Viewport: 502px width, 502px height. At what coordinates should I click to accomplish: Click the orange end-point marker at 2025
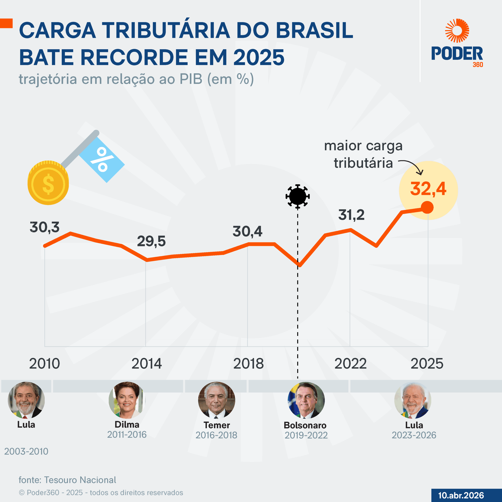[427, 207]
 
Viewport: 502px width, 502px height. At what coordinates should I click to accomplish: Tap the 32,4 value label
[428, 189]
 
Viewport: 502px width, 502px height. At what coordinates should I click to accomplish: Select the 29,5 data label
[151, 241]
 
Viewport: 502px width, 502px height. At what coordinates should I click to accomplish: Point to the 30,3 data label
[45, 227]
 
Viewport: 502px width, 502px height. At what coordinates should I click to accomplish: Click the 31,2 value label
[351, 215]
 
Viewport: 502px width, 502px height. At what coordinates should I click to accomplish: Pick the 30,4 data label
[247, 231]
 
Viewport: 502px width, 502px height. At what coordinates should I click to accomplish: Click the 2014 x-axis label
[146, 364]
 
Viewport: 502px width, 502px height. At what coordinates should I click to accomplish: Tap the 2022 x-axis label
[350, 364]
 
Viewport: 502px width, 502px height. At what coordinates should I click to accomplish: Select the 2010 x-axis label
[45, 364]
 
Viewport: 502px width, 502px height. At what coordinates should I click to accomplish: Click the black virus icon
[297, 196]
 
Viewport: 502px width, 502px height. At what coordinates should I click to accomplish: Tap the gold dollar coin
[48, 183]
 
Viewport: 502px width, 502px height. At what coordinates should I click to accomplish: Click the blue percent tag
[102, 160]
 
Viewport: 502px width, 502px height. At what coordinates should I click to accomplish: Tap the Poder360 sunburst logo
[457, 31]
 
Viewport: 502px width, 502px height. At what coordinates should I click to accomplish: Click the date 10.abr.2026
[461, 495]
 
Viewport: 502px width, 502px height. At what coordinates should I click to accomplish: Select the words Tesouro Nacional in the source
[80, 480]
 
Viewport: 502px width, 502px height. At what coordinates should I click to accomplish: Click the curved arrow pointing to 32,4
[412, 166]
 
